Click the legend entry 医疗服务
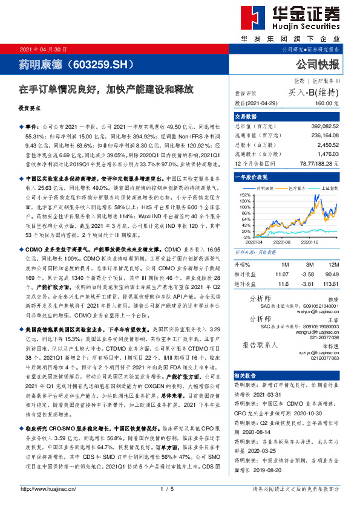click(296, 189)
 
